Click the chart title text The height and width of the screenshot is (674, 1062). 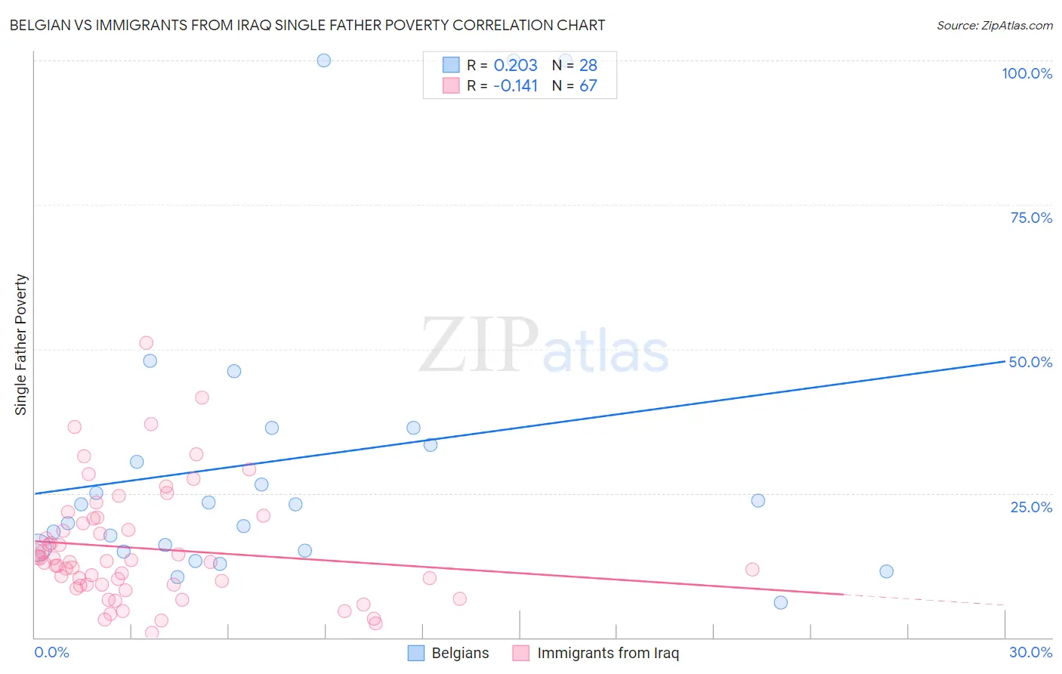(307, 25)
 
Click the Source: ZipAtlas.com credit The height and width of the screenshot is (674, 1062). (994, 25)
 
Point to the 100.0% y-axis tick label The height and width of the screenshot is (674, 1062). (1026, 73)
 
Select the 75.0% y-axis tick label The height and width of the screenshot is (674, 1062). (1031, 218)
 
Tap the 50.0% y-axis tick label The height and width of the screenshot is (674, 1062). (1030, 362)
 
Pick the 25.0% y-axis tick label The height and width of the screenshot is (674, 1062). (1031, 506)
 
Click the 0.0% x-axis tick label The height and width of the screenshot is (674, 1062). (51, 652)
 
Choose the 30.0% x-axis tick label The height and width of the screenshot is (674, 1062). (1030, 652)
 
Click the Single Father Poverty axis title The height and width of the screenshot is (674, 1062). (21, 345)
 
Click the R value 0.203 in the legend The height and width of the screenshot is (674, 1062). (515, 65)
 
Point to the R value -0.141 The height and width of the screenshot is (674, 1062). (515, 85)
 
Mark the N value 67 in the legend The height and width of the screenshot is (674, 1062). (588, 85)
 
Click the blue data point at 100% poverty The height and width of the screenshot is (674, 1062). (324, 60)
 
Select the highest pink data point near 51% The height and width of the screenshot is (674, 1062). (147, 343)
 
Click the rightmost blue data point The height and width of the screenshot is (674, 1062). (887, 571)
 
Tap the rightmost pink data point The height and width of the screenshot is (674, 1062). (752, 570)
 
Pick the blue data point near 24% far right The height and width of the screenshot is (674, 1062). (758, 500)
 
